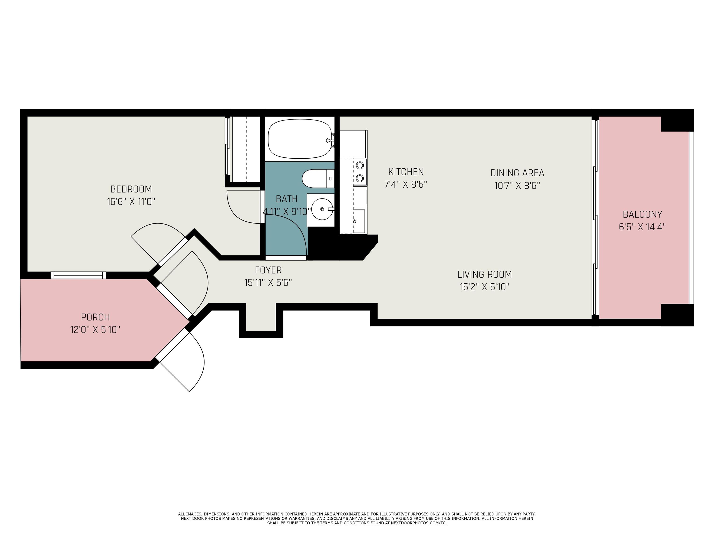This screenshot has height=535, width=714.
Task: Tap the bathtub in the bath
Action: click(x=300, y=139)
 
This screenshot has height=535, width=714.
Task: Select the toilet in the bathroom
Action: click(x=318, y=178)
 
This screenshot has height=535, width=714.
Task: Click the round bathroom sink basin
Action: click(x=322, y=209)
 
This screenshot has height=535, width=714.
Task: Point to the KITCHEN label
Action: click(x=406, y=172)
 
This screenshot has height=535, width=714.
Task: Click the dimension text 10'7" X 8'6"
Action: click(x=517, y=186)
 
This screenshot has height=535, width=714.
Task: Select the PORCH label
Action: click(x=95, y=317)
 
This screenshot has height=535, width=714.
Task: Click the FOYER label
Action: click(x=268, y=270)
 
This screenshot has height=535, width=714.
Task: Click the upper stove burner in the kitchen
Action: click(x=360, y=165)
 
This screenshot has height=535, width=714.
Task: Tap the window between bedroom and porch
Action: click(x=78, y=275)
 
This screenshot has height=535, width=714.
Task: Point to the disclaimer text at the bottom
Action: click(x=357, y=519)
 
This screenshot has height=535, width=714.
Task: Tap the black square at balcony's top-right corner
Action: click(x=677, y=120)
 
